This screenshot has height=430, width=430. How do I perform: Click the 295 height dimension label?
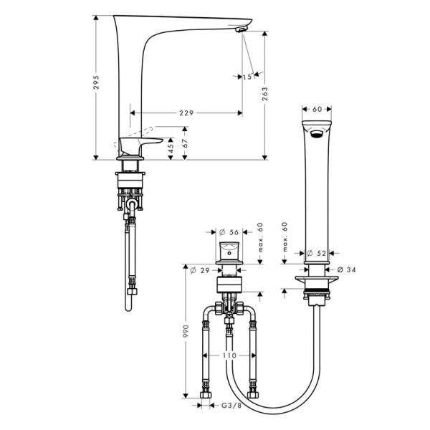point(96,82)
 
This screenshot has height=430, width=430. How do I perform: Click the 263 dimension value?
point(264,94)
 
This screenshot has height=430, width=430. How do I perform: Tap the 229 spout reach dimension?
point(186,113)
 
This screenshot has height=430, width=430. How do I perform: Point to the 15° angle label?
point(247,77)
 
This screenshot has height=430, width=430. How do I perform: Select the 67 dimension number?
point(185,143)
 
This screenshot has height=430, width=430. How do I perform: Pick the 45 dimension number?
point(171,148)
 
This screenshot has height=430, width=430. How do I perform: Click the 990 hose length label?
point(186,331)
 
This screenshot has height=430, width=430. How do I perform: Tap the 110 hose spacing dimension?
point(229,355)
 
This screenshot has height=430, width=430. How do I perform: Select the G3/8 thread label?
point(231,406)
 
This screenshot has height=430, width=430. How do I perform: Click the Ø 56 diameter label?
point(229,232)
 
